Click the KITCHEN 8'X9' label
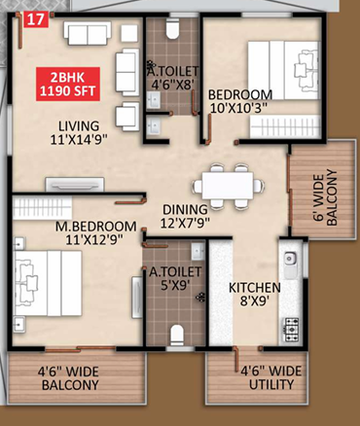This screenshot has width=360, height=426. [254, 295]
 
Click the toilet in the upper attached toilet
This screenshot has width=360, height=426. [171, 30]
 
